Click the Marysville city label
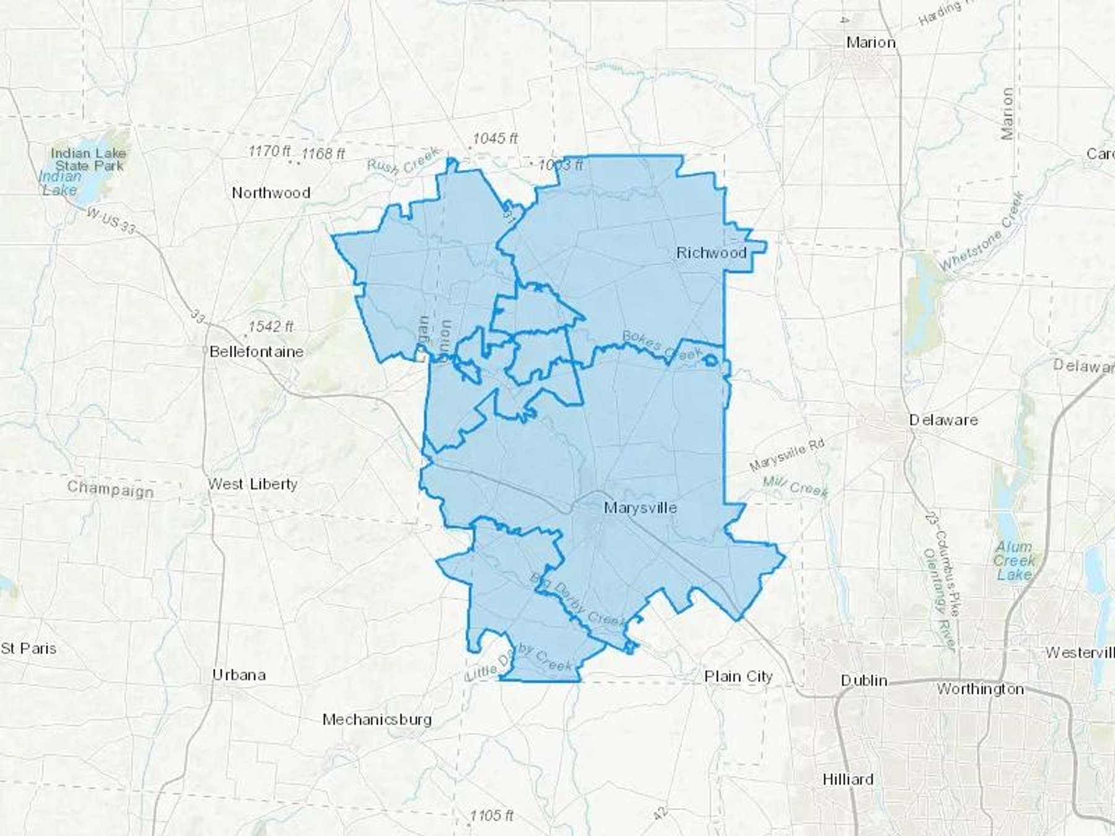point(640,508)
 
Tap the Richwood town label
point(711,253)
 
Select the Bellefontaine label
point(256,352)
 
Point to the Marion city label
point(871,43)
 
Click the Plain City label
point(738,676)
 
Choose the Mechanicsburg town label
point(377,719)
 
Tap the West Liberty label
point(253,484)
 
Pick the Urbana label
point(239,674)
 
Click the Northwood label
point(271,193)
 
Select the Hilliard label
point(848,779)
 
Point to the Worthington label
point(980,689)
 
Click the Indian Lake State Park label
point(89,159)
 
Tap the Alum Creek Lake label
point(1013,560)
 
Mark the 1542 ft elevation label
point(271,326)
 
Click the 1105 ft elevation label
point(491,815)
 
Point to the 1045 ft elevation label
point(495,138)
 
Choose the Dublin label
point(864,680)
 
